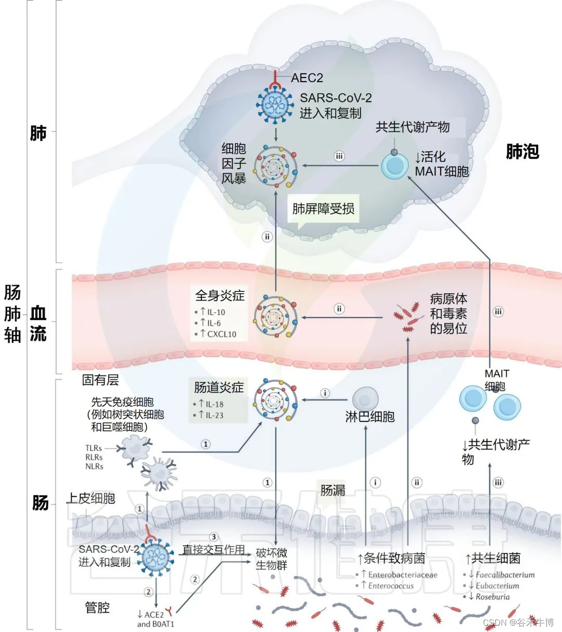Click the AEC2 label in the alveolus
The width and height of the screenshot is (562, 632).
306,78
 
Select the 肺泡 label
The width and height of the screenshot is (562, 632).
522,151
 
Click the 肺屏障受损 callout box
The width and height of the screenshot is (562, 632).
323,209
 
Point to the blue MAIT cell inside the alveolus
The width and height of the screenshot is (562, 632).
395,165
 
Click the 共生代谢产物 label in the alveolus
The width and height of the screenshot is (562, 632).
413,127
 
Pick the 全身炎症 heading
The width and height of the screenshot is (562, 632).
220,295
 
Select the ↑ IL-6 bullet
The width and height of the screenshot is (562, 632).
211,323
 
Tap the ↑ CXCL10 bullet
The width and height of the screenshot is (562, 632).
218,334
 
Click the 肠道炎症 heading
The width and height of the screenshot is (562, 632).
219,388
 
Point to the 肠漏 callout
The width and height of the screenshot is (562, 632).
333,489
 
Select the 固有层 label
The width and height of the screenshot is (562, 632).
100,380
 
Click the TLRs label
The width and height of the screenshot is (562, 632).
94,448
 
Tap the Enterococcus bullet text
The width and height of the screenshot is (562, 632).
390,586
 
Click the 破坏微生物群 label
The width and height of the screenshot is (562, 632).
271,559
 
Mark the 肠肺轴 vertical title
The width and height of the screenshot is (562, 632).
12,314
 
